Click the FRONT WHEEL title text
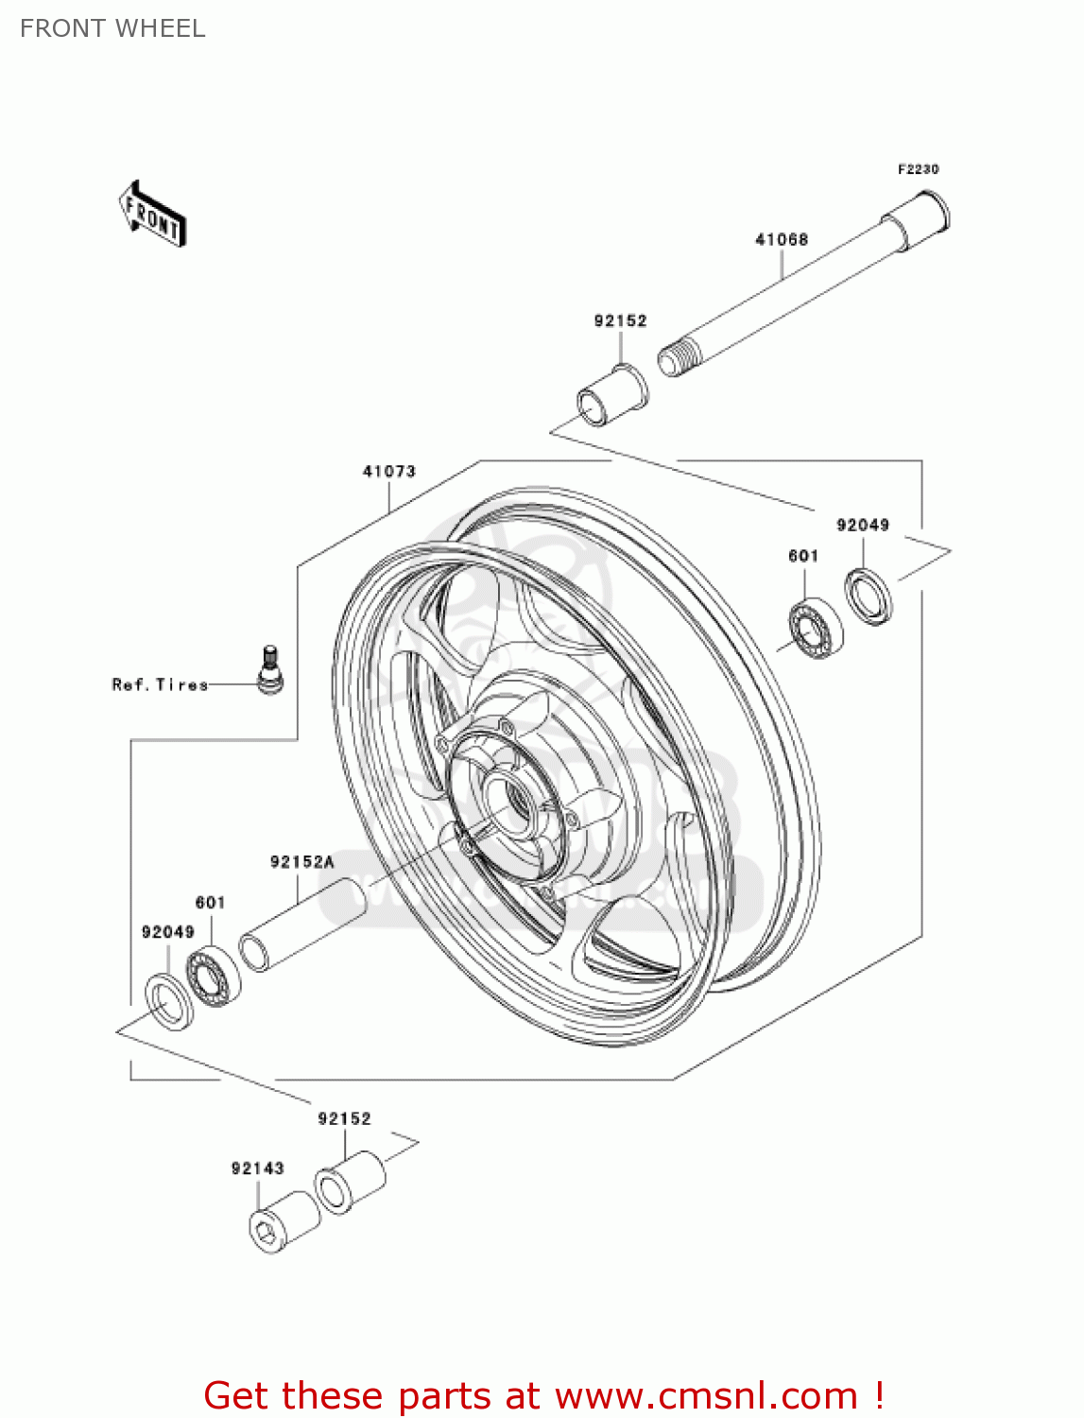coord(112,28)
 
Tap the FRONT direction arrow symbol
coord(152,215)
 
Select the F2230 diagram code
coord(918,169)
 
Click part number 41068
coord(782,240)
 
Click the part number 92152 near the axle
coord(620,321)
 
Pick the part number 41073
coord(388,471)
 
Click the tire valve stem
coord(269,670)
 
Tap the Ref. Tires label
coord(160,684)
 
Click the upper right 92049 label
coord(862,525)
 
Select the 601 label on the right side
coord(803,556)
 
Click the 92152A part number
coord(301,862)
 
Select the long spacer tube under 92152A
coord(302,925)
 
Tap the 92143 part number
coord(257,1168)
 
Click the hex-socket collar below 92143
coord(284,1223)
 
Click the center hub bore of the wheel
coord(515,793)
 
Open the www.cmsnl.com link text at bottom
coord(706,1395)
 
